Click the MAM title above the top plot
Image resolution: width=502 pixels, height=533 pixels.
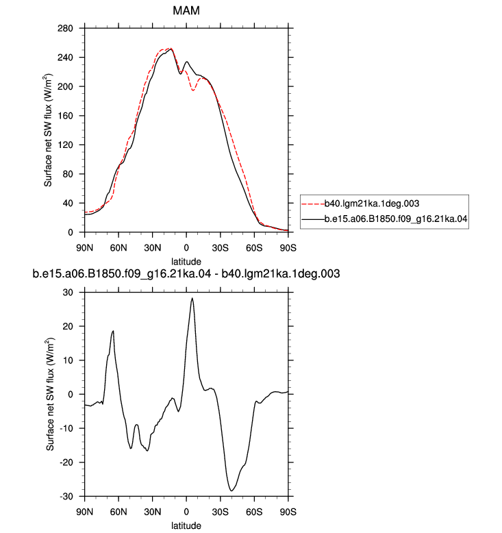(186, 10)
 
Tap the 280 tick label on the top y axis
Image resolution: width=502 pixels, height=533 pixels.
(65, 28)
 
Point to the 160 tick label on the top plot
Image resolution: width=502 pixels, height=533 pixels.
(65, 116)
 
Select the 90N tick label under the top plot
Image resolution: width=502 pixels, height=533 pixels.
(85, 248)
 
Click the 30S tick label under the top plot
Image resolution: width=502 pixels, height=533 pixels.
(221, 248)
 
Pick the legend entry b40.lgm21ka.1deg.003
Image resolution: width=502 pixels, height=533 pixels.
(372, 203)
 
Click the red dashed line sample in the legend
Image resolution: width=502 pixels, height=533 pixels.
(313, 204)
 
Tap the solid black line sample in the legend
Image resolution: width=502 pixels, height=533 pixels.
(313, 219)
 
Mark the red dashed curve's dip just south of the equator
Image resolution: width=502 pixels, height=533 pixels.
(193, 90)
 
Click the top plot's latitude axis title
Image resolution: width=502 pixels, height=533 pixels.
(186, 262)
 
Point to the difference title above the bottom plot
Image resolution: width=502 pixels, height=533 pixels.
(186, 273)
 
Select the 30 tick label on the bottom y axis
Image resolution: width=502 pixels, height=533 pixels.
(68, 293)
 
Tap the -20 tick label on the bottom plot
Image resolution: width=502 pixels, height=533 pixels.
(66, 462)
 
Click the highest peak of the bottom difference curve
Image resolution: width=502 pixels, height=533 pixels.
(192, 298)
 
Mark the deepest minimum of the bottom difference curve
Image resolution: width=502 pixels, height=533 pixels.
(231, 491)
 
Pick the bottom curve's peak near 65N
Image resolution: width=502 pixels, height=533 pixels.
(113, 331)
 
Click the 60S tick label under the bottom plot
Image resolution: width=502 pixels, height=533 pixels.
(254, 512)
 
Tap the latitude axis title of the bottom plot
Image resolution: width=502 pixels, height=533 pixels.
(186, 525)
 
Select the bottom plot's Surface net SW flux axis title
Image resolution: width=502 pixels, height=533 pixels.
(50, 395)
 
